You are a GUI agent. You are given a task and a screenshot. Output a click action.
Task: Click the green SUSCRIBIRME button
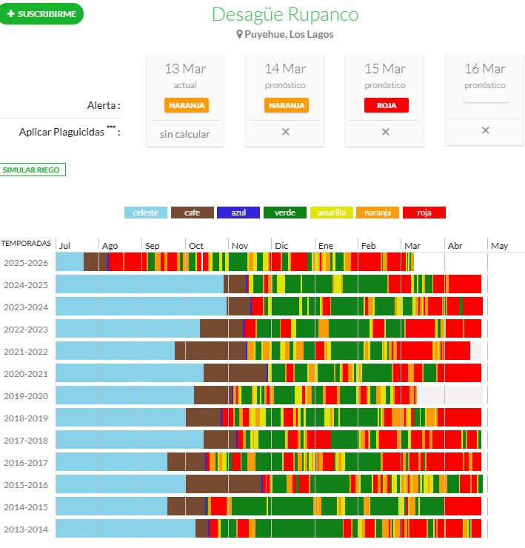tap(41, 14)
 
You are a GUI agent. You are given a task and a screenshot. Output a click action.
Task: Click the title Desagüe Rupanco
tap(285, 15)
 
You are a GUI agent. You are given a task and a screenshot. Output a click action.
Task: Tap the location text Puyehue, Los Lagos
tap(285, 34)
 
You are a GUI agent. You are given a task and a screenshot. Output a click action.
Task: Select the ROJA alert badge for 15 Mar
tap(386, 105)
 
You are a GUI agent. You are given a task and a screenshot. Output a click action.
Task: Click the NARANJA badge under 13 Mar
tap(186, 105)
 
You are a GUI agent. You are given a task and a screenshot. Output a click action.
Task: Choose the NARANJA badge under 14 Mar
tap(286, 105)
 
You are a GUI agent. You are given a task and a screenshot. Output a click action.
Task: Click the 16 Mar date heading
tap(485, 69)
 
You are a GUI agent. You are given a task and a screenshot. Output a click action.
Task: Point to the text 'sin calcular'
tap(185, 134)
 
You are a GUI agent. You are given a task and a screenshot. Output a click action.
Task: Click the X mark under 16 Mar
tap(485, 130)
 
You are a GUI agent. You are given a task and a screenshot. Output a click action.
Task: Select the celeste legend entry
tap(145, 213)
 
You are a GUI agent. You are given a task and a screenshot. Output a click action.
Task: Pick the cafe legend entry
tap(192, 213)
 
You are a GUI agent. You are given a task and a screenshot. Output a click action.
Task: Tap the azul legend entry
tap(238, 213)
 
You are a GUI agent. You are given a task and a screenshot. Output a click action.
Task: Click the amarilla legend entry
tap(331, 213)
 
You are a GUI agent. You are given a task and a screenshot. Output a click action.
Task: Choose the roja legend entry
tap(424, 213)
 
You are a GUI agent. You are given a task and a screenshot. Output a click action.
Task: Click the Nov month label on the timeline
tap(240, 246)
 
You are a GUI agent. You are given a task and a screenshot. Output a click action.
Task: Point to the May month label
tap(499, 246)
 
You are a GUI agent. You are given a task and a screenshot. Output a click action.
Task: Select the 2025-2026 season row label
tap(26, 262)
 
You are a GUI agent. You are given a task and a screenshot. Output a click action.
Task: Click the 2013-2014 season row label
tap(26, 529)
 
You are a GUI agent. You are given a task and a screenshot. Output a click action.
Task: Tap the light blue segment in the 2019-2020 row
tap(124, 395)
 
